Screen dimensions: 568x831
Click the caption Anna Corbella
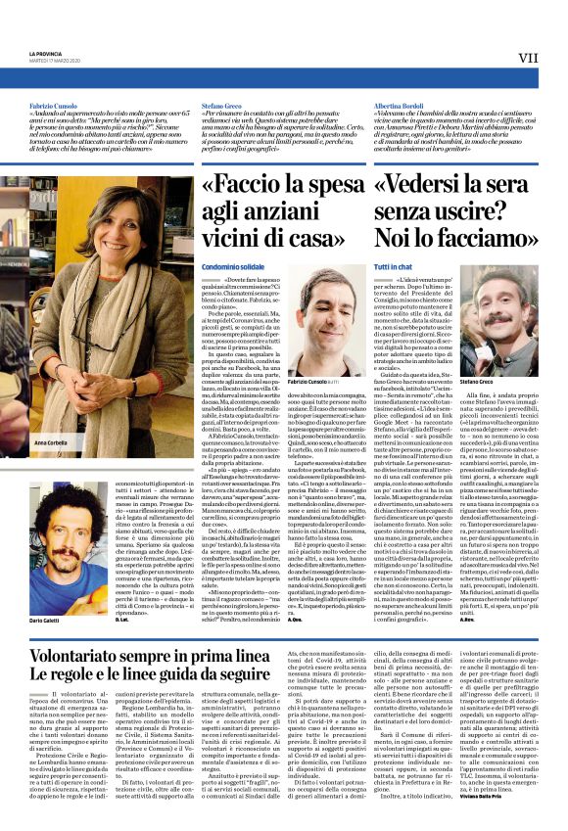point(50,443)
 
